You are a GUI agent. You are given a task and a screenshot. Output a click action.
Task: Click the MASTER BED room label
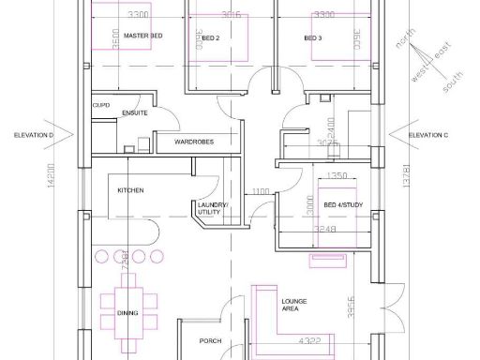point(143,36)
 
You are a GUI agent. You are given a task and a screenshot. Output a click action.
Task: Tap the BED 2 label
point(210,39)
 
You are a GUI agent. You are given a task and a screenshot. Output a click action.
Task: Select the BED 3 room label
point(312,38)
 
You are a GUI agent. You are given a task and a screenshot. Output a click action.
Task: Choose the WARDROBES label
point(193,142)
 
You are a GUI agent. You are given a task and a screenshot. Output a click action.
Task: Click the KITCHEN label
point(130,190)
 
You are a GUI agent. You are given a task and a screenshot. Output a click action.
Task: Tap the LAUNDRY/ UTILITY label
point(209,211)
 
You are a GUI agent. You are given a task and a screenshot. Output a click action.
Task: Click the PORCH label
point(211,341)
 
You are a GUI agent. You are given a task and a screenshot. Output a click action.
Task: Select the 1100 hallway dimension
point(261,192)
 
